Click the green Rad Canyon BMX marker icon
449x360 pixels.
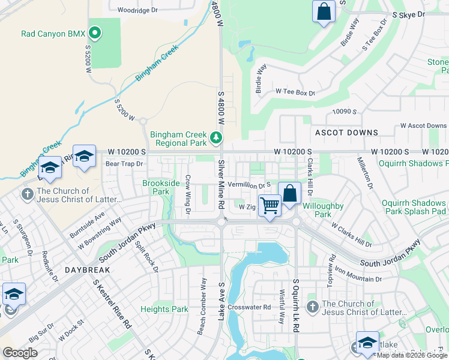coord(94,31)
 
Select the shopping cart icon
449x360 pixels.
coord(270,206)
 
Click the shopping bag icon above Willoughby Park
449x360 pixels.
coord(289,194)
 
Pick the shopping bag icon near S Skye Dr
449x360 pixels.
coord(324,11)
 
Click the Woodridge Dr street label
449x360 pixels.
coord(137,10)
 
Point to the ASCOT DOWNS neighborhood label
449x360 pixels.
coord(346,132)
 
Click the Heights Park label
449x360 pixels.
coord(164,310)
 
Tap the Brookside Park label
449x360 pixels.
coord(160,187)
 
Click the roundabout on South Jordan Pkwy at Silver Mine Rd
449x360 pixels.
coord(221,221)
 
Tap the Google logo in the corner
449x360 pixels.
coord(20,353)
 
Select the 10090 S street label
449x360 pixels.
coord(345,112)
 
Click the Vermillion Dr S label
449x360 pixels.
coord(249,185)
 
